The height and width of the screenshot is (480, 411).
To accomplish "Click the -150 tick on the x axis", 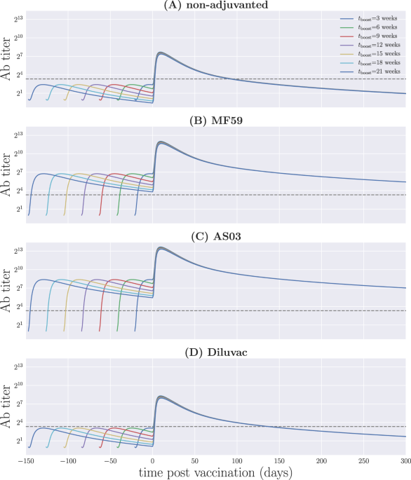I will click(x=27, y=461).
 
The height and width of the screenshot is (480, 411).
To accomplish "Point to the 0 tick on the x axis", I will click(x=153, y=461).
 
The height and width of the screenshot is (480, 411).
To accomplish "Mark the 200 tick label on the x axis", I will click(x=321, y=461).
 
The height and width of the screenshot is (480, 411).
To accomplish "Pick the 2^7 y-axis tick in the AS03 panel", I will click(x=17, y=287).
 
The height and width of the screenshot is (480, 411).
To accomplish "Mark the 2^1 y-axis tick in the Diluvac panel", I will click(x=17, y=441).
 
